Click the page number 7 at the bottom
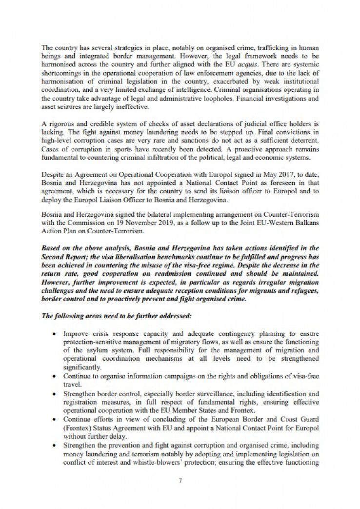pyautogui.click(x=180, y=480)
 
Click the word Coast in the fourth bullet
pyautogui.click(x=265, y=419)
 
